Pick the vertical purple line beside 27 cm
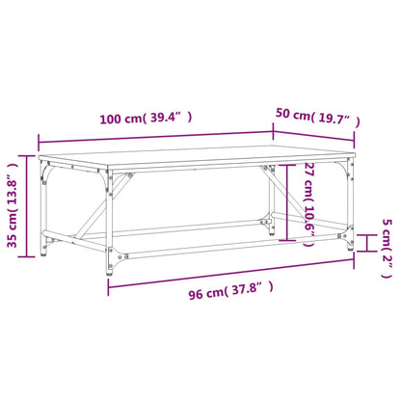click(x=288, y=204)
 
